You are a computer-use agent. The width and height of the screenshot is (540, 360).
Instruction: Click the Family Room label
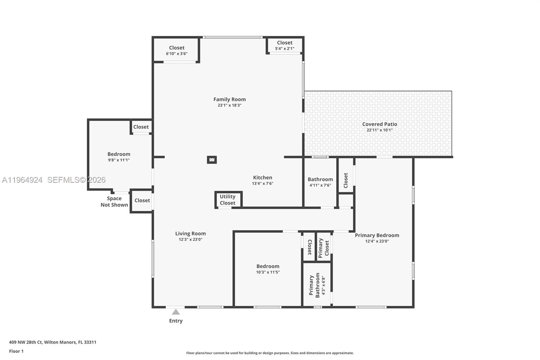click(230, 99)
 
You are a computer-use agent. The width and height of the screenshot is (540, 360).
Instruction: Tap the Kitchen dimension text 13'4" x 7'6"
click(263, 184)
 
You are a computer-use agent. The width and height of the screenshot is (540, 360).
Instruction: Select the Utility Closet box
click(228, 200)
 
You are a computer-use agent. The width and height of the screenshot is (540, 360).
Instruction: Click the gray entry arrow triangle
click(176, 312)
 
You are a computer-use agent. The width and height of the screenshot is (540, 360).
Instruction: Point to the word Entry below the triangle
click(176, 321)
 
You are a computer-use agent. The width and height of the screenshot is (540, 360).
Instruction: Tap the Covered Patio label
click(379, 124)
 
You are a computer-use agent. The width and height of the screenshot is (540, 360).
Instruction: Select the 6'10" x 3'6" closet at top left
click(177, 50)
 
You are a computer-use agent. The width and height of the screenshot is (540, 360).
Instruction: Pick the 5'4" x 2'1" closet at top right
click(285, 45)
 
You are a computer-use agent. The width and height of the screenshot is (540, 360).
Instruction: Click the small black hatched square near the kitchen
click(212, 160)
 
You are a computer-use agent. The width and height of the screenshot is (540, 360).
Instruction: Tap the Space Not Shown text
click(114, 202)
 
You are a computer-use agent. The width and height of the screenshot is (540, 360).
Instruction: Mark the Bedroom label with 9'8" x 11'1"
click(119, 154)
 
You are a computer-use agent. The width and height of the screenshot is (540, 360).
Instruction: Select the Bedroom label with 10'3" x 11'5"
click(268, 266)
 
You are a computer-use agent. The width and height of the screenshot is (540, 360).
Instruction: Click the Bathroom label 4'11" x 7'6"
click(320, 180)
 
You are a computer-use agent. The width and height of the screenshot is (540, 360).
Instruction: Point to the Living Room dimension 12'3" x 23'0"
click(190, 239)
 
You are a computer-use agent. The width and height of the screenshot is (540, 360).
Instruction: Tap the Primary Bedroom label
click(377, 235)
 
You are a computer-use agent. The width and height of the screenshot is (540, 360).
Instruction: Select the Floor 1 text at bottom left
click(16, 351)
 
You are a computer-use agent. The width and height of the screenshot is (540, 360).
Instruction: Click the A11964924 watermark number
click(22, 180)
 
